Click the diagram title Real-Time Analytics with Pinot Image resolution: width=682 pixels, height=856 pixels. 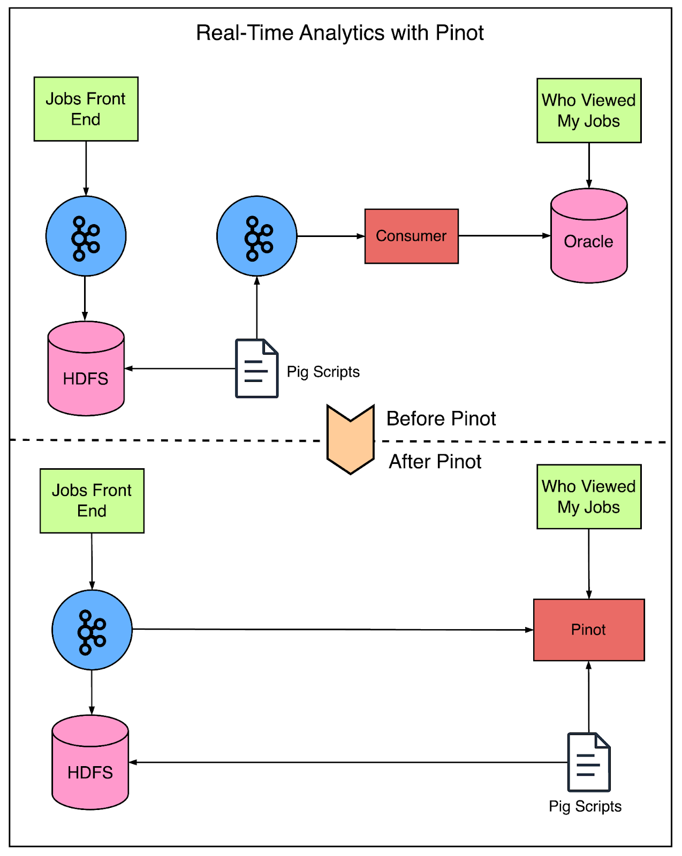tap(339, 33)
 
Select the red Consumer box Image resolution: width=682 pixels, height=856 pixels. tap(411, 236)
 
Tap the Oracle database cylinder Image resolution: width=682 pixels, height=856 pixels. tap(588, 241)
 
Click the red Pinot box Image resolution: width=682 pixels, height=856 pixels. tap(588, 630)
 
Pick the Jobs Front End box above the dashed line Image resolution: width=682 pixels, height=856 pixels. tap(86, 109)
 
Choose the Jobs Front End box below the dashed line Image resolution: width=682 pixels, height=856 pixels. tap(92, 501)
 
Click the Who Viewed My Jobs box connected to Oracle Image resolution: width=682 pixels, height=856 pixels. tap(588, 111)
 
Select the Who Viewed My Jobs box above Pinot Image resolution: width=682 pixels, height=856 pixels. tap(588, 496)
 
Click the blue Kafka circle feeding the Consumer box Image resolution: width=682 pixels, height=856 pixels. tap(256, 236)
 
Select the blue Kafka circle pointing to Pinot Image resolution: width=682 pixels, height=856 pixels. tap(92, 630)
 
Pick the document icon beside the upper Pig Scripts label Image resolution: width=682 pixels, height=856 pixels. tap(256, 369)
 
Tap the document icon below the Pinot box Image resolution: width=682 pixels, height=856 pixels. tap(588, 762)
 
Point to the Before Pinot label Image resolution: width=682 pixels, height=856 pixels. tap(441, 418)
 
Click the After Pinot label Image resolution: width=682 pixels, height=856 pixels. tap(435, 462)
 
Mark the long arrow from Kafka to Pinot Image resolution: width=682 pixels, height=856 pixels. tap(332, 630)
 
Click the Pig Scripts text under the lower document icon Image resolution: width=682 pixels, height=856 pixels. tap(585, 806)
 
